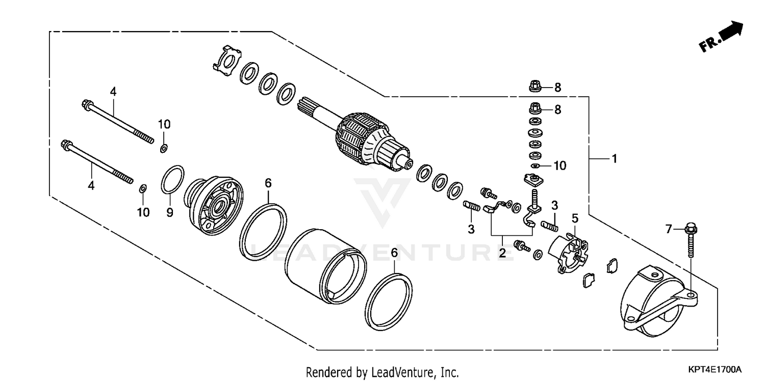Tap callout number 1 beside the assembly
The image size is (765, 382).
click(x=615, y=159)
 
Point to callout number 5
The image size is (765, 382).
click(x=575, y=219)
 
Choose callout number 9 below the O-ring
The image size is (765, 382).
click(x=170, y=211)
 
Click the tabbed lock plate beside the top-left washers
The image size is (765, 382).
click(x=224, y=61)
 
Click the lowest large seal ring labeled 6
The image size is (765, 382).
click(x=390, y=302)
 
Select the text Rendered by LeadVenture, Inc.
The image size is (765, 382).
click(x=382, y=372)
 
